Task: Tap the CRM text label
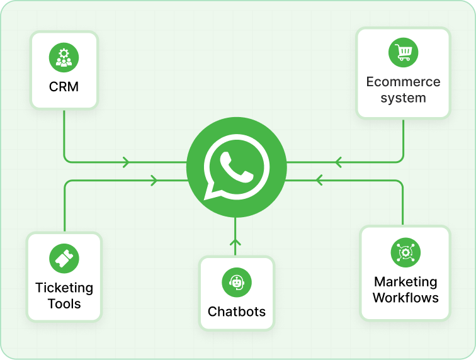[x=64, y=87]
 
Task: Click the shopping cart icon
[x=403, y=52]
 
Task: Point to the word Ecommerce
[x=403, y=82]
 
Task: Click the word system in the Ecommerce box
[x=403, y=98]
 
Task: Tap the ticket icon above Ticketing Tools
[x=64, y=259]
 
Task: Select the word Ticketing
[x=64, y=288]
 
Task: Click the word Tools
[x=64, y=304]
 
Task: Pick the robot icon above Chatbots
[x=236, y=283]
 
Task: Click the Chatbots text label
[x=236, y=312]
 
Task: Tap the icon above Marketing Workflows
[x=405, y=252]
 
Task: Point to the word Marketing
[x=405, y=282]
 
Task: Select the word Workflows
[x=405, y=298]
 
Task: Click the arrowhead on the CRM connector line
[x=127, y=162]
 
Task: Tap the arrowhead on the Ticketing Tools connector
[x=154, y=181]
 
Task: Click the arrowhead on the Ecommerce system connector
[x=338, y=162]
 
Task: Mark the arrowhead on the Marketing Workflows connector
[x=318, y=181]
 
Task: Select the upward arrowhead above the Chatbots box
[x=235, y=242]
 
